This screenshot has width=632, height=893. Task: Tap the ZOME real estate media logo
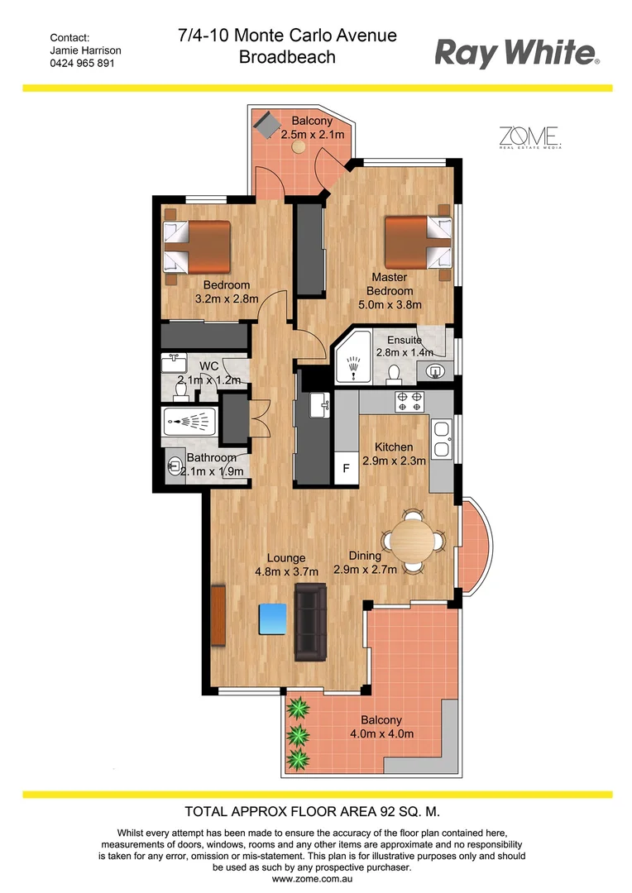pyautogui.click(x=530, y=137)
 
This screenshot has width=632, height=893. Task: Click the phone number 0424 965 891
pyautogui.click(x=83, y=63)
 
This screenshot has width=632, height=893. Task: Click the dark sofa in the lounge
pyautogui.click(x=311, y=622)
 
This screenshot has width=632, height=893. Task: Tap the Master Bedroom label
pyautogui.click(x=391, y=284)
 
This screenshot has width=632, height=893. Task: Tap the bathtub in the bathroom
pyautogui.click(x=190, y=423)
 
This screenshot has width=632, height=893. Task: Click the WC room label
pyautogui.click(x=208, y=365)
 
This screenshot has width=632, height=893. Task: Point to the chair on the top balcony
pyautogui.click(x=268, y=126)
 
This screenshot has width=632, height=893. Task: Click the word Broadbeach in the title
pyautogui.click(x=287, y=57)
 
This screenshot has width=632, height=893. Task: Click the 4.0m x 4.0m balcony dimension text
pyautogui.click(x=381, y=733)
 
